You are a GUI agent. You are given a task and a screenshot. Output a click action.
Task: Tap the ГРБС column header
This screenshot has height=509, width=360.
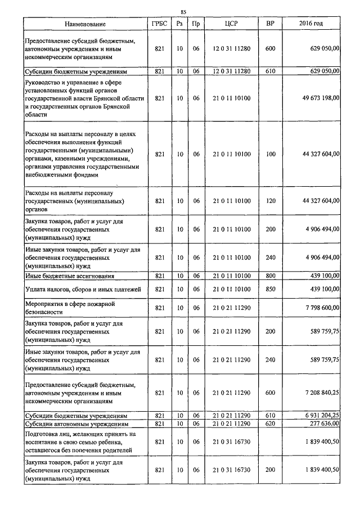159,24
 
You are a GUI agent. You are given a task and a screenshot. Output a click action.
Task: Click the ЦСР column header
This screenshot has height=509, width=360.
231,24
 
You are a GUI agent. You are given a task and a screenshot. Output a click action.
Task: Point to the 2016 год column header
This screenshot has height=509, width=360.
310,24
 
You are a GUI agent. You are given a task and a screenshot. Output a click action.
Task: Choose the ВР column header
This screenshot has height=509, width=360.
270,24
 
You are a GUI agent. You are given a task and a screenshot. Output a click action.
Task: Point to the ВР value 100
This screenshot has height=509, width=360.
271,154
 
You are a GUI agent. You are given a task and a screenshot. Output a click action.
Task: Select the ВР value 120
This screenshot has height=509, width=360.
271,201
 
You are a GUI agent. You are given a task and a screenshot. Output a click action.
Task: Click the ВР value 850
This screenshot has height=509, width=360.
271,289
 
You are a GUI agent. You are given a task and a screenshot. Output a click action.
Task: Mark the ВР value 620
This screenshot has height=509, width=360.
271,423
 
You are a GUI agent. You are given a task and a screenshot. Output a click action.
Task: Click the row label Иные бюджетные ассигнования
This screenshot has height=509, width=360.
70,276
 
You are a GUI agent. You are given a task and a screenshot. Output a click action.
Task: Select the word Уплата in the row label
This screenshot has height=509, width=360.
37,289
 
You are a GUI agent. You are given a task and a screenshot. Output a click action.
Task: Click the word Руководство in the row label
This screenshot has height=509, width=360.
44,83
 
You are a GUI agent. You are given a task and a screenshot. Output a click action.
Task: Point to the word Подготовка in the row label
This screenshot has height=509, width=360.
42,434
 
